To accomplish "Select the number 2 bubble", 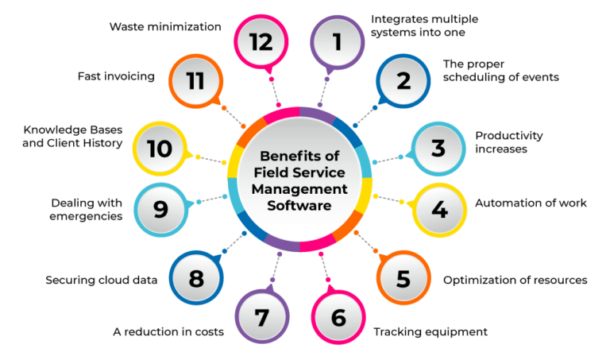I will click(403, 81).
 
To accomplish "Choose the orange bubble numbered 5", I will click(403, 279).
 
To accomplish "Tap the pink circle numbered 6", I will click(338, 319).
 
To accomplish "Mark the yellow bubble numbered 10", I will click(160, 148).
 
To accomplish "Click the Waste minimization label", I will click(164, 26).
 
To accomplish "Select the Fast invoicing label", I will click(115, 77).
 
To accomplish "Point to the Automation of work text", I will click(531, 203).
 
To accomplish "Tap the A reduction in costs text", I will click(168, 331).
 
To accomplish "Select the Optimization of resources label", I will click(515, 280).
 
